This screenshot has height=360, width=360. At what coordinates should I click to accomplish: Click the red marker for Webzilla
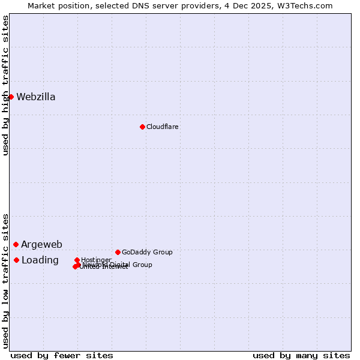[x=11, y=97]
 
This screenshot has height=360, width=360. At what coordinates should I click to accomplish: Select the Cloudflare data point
[x=142, y=127]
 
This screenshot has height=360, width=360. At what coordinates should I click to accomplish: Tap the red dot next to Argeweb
[x=16, y=244]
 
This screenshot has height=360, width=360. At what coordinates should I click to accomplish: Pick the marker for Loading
[x=16, y=260]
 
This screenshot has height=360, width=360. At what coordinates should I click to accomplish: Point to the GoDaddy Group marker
[x=118, y=252]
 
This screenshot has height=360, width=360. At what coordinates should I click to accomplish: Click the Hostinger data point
[x=77, y=260]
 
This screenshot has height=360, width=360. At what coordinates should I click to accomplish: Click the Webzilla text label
[x=36, y=97]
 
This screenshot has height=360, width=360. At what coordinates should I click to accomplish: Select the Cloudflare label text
[x=163, y=127]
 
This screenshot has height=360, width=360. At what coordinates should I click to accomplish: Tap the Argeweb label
[x=41, y=245]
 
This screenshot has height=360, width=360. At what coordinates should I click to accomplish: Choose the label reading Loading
[x=40, y=260]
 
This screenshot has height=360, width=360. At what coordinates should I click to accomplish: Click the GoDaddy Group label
[x=147, y=253]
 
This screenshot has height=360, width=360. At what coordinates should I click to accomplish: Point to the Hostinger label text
[x=96, y=260]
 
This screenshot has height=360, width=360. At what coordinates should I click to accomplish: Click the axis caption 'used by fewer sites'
[x=62, y=356]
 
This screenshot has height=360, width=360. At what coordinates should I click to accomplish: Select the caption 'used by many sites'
[x=301, y=356]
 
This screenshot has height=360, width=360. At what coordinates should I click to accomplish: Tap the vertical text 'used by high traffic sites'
[x=5, y=85]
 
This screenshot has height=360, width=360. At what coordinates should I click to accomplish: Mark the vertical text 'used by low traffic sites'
[x=5, y=280]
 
